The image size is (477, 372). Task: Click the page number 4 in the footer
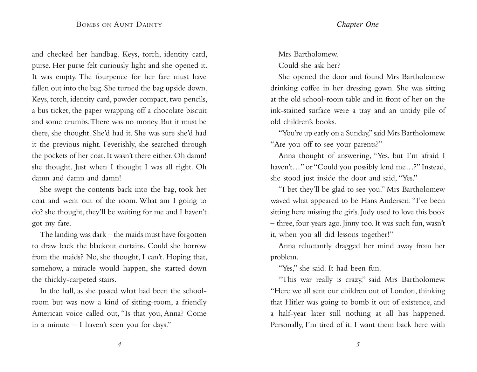coord(119,344)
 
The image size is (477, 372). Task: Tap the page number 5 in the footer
coord(358,344)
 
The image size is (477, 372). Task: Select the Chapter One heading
coord(357,24)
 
